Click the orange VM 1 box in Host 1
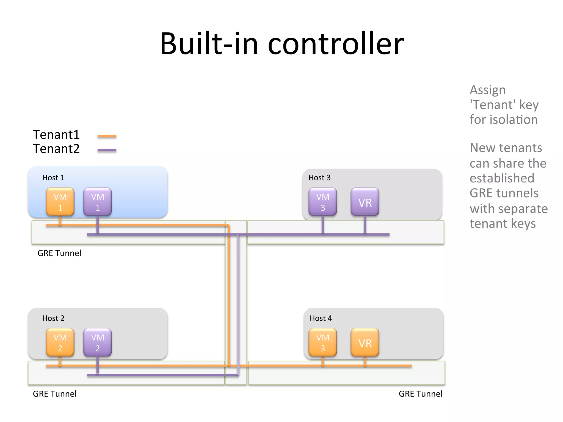pos(60,202)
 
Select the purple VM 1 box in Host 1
pos(98,202)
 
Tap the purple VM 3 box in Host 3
pos(322,202)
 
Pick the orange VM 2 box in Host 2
pos(60,343)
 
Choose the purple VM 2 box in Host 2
pos(98,343)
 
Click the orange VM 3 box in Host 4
pos(322,343)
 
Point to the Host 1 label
pos(53,178)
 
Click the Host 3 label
pos(319,178)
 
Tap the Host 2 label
pos(53,318)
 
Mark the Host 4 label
pos(321,318)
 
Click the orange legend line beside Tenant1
pos(107,136)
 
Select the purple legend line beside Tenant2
pos(107,150)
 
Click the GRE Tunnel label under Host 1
pos(59,253)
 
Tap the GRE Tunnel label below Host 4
pos(420,394)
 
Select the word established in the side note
pos(502,178)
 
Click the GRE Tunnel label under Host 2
pos(55,394)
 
